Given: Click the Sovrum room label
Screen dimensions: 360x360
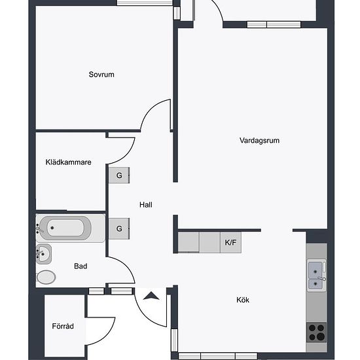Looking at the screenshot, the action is tap(101, 75).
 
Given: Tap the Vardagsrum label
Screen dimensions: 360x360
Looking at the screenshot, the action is tap(259, 140).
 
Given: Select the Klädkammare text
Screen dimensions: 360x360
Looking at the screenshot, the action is tap(69, 162).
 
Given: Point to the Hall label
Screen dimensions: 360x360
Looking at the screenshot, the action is tap(145, 205).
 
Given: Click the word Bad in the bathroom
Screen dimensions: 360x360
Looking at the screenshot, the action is tap(81, 266).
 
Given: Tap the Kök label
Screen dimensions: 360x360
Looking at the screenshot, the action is tap(243, 300).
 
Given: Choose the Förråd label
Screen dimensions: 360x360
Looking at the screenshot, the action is tap(63, 326).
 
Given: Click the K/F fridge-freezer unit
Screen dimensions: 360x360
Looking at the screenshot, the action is tap(230, 242).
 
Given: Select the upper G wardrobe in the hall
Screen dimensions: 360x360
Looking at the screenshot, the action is tap(119, 175).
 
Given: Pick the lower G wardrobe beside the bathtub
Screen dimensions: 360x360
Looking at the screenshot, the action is tap(119, 228).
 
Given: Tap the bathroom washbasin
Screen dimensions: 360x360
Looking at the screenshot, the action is tap(44, 254).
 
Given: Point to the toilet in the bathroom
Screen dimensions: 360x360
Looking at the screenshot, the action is tap(46, 278).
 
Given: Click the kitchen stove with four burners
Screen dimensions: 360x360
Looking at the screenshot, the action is tap(317, 333).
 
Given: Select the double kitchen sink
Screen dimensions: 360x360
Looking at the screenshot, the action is tap(317, 276).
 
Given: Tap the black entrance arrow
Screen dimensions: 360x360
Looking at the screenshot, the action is tap(151, 296).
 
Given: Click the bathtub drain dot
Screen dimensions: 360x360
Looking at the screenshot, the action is tap(52, 228).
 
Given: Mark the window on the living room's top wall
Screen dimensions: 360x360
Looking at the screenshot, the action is tap(274, 25).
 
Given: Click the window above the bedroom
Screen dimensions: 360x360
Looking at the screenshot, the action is tap(145, 3).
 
